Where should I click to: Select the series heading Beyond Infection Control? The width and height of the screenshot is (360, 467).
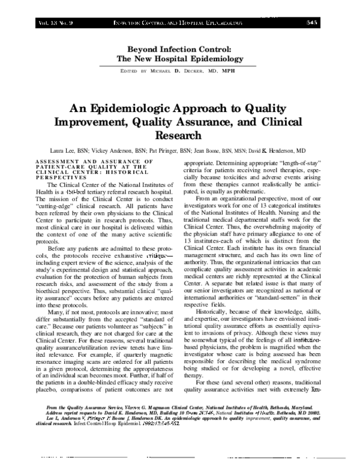click(179, 49)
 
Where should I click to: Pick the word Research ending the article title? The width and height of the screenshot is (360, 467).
click(179, 137)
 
